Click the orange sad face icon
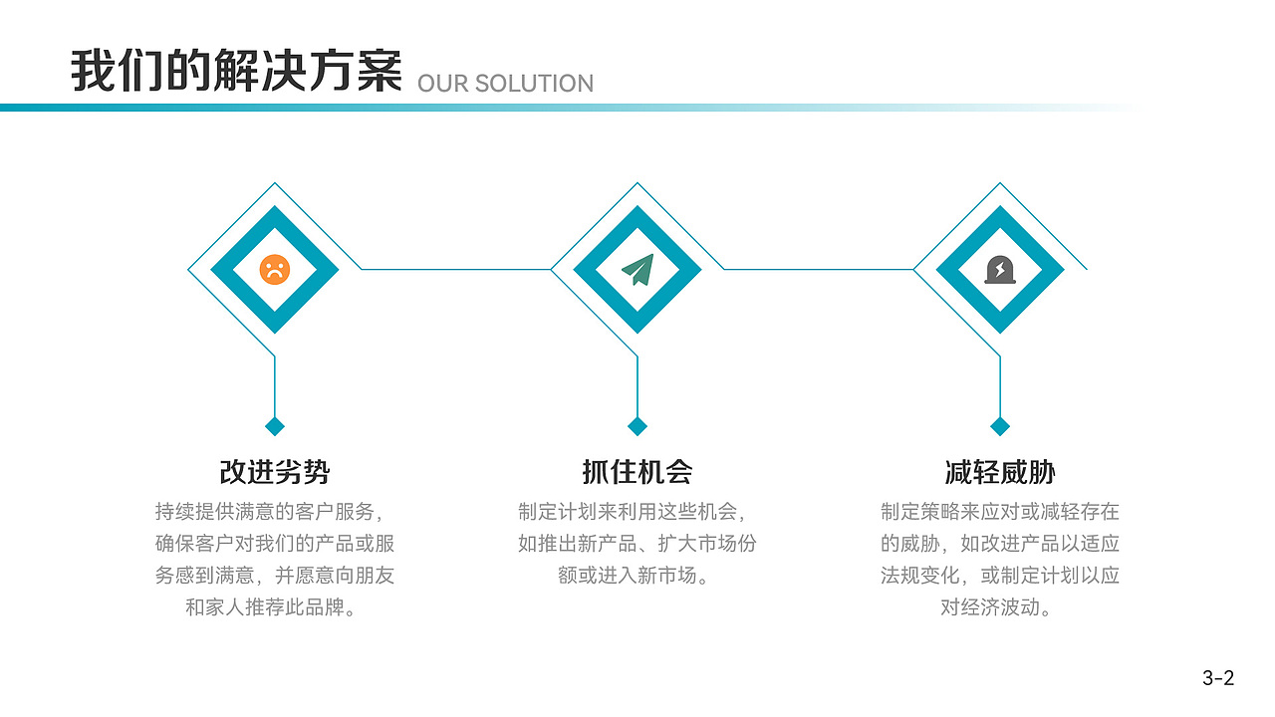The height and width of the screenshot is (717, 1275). [x=274, y=269]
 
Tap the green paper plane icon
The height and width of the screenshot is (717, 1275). [x=637, y=270]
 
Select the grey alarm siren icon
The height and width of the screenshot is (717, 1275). [x=1000, y=270]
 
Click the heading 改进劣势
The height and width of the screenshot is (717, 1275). [x=274, y=472]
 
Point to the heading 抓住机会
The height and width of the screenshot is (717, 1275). [x=637, y=472]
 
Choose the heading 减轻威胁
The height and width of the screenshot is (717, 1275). [x=1000, y=472]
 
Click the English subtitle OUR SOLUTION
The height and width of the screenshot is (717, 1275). [x=505, y=84]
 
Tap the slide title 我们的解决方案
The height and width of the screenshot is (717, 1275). [x=236, y=71]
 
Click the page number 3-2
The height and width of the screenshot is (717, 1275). [x=1218, y=678]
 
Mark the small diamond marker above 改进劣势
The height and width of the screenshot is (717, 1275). [x=275, y=426]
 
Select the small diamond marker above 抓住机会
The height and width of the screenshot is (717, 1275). [x=637, y=426]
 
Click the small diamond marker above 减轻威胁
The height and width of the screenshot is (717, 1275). [x=1000, y=426]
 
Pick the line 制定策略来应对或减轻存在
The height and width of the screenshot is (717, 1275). [x=1000, y=512]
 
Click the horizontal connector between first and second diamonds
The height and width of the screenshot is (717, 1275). [x=456, y=269]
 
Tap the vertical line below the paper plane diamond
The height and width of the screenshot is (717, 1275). [x=637, y=386]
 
